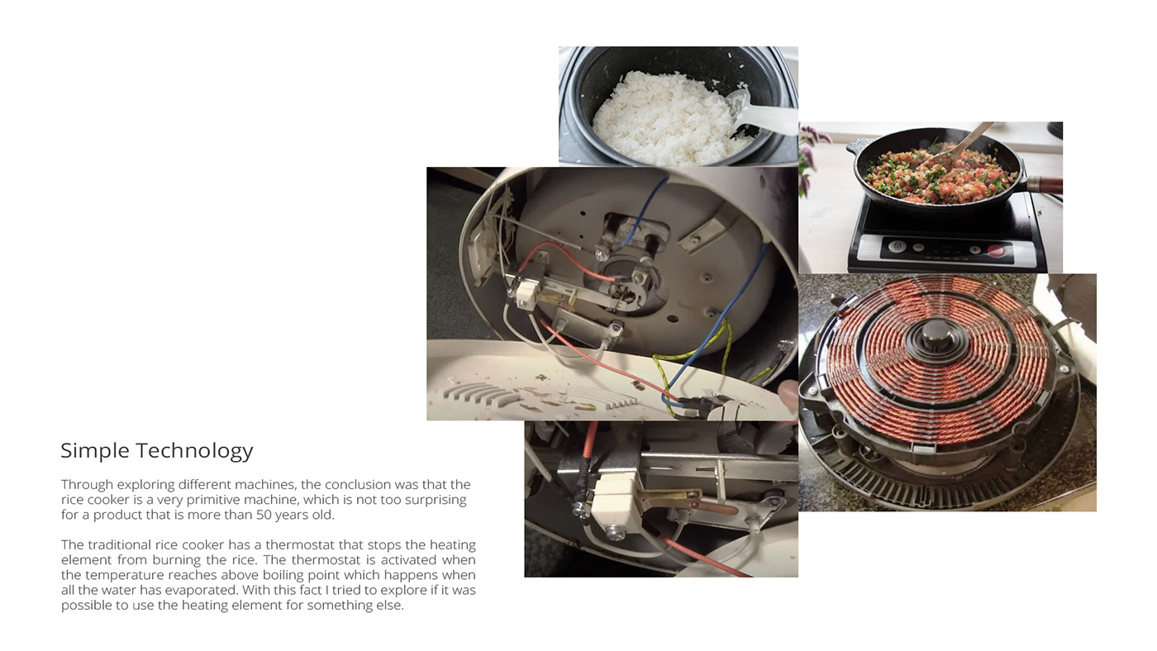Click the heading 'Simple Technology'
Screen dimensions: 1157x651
(x=156, y=451)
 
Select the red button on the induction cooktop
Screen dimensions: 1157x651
(x=996, y=250)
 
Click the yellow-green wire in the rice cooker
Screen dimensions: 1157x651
(x=693, y=361)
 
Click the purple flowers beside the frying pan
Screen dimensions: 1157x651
(x=811, y=154)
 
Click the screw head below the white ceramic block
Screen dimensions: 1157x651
(x=615, y=533)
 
